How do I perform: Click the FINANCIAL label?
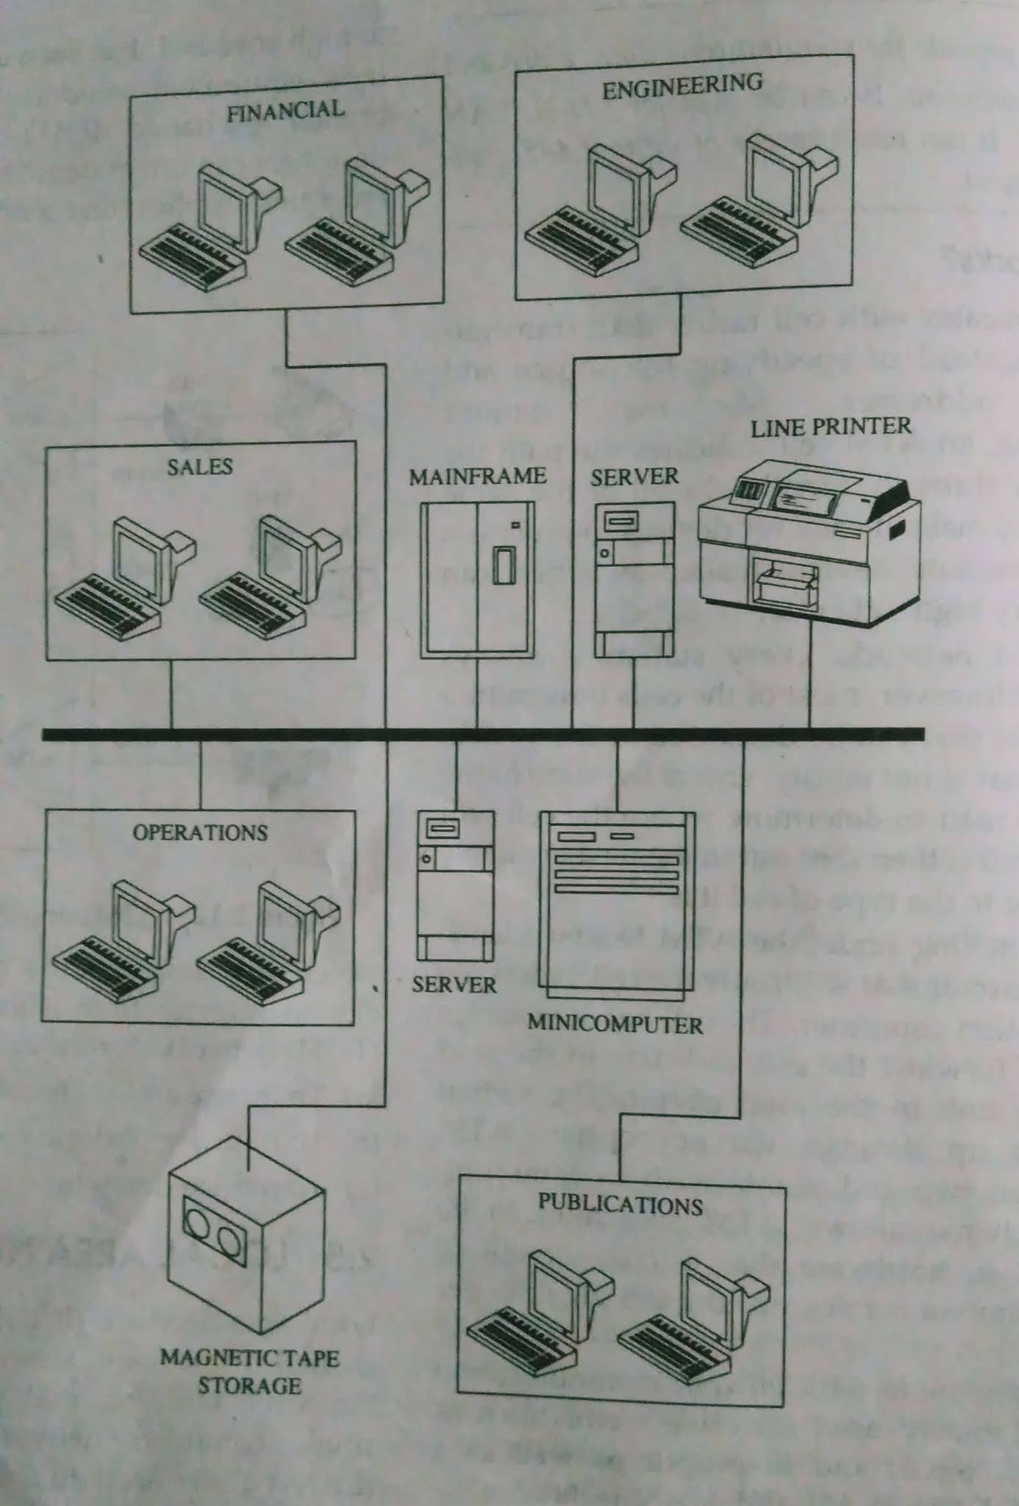pyautogui.click(x=285, y=111)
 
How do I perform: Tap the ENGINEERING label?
pyautogui.click(x=682, y=86)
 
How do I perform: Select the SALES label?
pyautogui.click(x=199, y=466)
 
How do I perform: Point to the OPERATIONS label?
pyautogui.click(x=200, y=832)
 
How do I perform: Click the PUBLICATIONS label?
pyautogui.click(x=620, y=1204)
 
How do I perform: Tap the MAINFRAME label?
pyautogui.click(x=477, y=477)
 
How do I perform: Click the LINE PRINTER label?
pyautogui.click(x=830, y=427)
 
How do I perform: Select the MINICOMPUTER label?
pyautogui.click(x=615, y=1024)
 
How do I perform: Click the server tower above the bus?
pyautogui.click(x=634, y=579)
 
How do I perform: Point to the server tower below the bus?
pyautogui.click(x=454, y=885)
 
